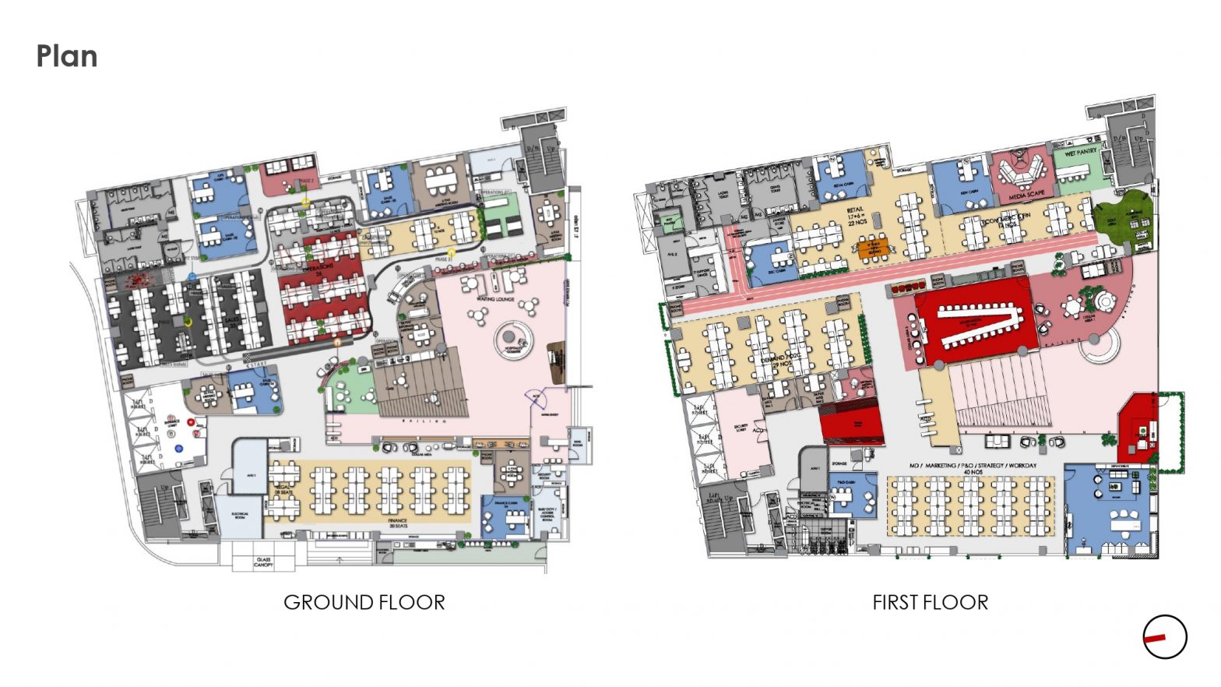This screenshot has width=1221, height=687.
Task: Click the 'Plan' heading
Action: coord(67,57)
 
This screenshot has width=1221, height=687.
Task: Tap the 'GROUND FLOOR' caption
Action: coord(364,602)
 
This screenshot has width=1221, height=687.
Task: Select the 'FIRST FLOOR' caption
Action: coord(930,602)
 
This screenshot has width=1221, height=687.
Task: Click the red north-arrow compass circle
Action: coord(1165,637)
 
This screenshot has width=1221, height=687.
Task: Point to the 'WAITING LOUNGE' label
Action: coord(494,298)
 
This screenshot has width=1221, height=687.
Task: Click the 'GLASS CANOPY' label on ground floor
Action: coord(264,561)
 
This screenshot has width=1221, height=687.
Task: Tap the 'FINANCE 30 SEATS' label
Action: coord(397,523)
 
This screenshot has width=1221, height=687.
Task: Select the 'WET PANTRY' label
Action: coord(1080,152)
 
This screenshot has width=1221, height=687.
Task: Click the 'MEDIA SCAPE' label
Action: coord(1026,195)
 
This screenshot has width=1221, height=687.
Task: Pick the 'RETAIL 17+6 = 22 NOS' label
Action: coord(857,217)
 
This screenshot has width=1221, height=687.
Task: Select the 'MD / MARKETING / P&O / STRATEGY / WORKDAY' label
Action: coord(973,467)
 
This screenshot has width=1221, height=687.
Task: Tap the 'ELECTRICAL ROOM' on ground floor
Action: coord(240,515)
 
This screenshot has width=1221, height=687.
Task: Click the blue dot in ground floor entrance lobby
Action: coord(178,449)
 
